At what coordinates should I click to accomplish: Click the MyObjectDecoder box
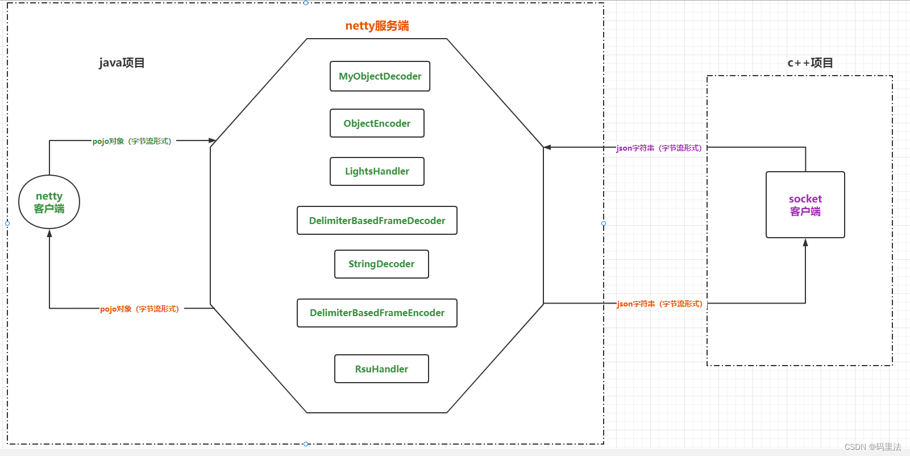coord(380,76)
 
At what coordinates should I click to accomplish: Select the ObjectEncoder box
coord(377,123)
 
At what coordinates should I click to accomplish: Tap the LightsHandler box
coord(377,171)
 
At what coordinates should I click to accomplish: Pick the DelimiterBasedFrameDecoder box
coord(377,221)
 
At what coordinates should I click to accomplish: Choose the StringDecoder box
coord(381,264)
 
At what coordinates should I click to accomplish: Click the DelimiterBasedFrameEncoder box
coord(377,313)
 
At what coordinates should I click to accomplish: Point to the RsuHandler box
coord(381,369)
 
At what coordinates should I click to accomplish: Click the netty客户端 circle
coord(49,202)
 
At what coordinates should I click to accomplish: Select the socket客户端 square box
coord(805,205)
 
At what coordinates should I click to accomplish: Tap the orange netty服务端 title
coord(377,26)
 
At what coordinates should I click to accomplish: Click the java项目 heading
coord(122,63)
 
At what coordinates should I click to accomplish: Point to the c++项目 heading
coord(810,63)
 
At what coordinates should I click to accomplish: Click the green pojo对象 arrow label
coord(132,141)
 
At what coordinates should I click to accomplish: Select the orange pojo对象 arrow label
coord(139,309)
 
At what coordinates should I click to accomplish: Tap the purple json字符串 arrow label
coord(659,148)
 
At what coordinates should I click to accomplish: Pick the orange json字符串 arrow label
coord(659,304)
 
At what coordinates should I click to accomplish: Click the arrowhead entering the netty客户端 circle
coord(49,233)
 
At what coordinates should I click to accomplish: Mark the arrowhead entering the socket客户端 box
coord(805,242)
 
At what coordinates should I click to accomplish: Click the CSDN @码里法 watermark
coord(872,447)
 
